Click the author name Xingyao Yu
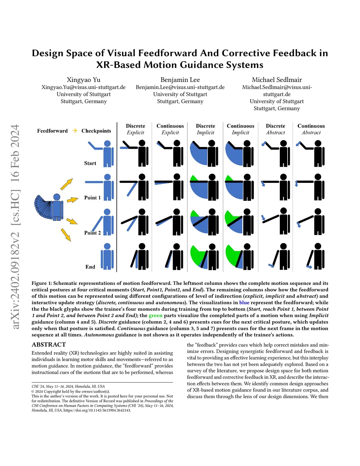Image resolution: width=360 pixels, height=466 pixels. tap(84, 80)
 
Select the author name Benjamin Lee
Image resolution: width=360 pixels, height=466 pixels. tap(180, 80)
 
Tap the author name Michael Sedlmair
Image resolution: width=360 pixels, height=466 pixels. tap(277, 80)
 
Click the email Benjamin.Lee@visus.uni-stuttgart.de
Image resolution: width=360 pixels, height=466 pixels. tap(180, 87)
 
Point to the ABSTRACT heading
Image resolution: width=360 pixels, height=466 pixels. tap(49, 345)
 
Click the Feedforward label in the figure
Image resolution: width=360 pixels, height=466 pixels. tap(52, 131)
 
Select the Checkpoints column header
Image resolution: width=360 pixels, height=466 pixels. tap(96, 131)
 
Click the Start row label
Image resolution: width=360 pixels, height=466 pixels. tap(90, 163)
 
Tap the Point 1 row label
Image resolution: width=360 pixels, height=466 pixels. tap(92, 198)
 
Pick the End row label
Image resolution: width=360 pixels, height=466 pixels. tap(90, 267)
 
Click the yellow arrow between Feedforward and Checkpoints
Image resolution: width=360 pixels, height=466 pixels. tap(75, 130)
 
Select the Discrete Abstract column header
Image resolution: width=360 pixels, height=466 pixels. tap(275, 129)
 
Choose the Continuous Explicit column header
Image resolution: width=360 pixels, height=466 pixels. tap(170, 129)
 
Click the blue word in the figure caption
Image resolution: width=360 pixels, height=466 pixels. tap(244, 302)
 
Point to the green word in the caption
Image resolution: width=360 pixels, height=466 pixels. tap(155, 315)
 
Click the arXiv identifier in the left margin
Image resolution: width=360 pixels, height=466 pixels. tap(15, 227)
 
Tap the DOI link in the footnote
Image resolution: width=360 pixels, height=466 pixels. tap(97, 410)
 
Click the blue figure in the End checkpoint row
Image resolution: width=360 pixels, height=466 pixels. tap(107, 257)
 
